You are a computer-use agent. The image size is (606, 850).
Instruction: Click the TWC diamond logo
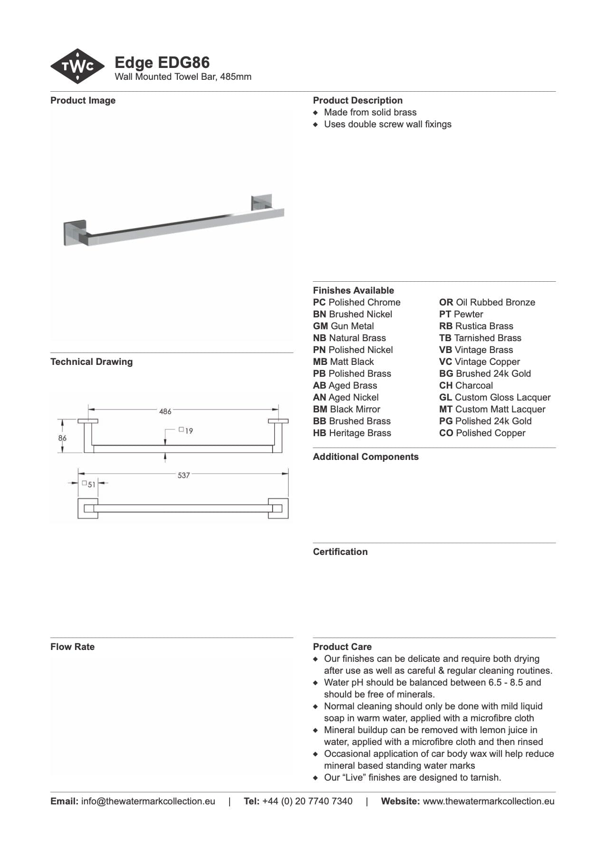tap(77, 67)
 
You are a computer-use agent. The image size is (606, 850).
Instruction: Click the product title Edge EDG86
tap(162, 63)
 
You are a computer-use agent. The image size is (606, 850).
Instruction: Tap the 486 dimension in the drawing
tap(165, 411)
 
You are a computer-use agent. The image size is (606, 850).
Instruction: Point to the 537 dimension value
tap(183, 475)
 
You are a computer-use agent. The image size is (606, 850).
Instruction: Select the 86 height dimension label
tap(62, 438)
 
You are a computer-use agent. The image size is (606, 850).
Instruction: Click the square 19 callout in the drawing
tap(186, 431)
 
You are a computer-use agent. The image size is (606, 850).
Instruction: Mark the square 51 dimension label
tap(89, 484)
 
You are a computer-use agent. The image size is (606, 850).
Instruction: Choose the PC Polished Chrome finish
tap(356, 303)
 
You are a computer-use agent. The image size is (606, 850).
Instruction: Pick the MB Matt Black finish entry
tap(343, 362)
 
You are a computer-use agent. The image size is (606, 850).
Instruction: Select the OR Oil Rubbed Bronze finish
tap(487, 303)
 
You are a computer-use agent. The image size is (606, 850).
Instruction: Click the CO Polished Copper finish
tap(482, 433)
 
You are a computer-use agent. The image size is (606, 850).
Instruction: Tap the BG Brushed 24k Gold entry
tap(485, 374)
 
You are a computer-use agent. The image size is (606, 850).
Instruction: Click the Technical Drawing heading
tap(91, 362)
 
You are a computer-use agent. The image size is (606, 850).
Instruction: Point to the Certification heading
tap(340, 552)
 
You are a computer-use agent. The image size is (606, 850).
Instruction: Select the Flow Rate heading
tap(72, 647)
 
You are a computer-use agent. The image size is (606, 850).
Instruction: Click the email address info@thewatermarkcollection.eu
tap(148, 802)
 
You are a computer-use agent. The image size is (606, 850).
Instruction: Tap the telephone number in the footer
tap(307, 802)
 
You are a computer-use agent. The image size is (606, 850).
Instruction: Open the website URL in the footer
tap(488, 802)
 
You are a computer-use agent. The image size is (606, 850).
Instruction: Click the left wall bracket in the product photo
tap(76, 232)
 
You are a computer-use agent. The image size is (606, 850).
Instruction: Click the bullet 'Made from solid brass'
tap(370, 113)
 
